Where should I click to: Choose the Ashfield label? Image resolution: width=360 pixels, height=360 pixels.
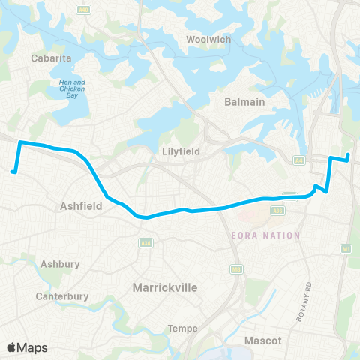[80, 204]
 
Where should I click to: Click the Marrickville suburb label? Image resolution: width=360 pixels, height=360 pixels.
[164, 287]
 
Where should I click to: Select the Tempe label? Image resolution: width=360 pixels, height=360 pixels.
[183, 328]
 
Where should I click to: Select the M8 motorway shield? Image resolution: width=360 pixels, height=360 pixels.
[236, 268]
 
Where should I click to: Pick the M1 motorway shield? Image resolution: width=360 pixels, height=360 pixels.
[346, 248]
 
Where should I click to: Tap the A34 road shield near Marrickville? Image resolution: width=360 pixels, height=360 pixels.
[144, 243]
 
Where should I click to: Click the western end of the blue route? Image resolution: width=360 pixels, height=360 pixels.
[13, 172]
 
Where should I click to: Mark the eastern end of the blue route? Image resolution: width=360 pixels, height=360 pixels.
[349, 155]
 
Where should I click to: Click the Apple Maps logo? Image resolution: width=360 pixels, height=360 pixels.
[27, 347]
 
